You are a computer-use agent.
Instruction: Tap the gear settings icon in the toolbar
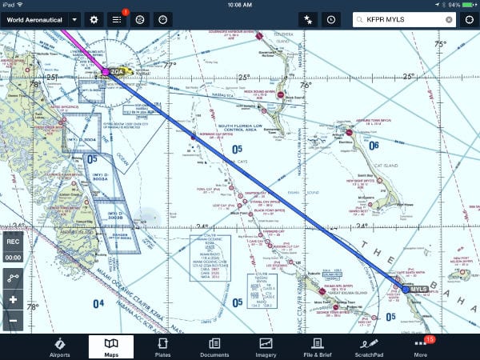pyautogui.click(x=94, y=18)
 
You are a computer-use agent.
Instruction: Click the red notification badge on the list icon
pyautogui.click(x=125, y=12)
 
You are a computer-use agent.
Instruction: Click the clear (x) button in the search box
pyautogui.click(x=449, y=18)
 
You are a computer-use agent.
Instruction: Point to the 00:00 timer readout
pyautogui.click(x=13, y=258)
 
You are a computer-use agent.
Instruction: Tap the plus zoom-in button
pyautogui.click(x=13, y=300)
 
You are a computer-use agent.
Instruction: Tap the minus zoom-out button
pyautogui.click(x=13, y=321)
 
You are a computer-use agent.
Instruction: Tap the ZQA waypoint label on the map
pyautogui.click(x=118, y=71)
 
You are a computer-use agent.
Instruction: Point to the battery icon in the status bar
pyautogui.click(x=466, y=4)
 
